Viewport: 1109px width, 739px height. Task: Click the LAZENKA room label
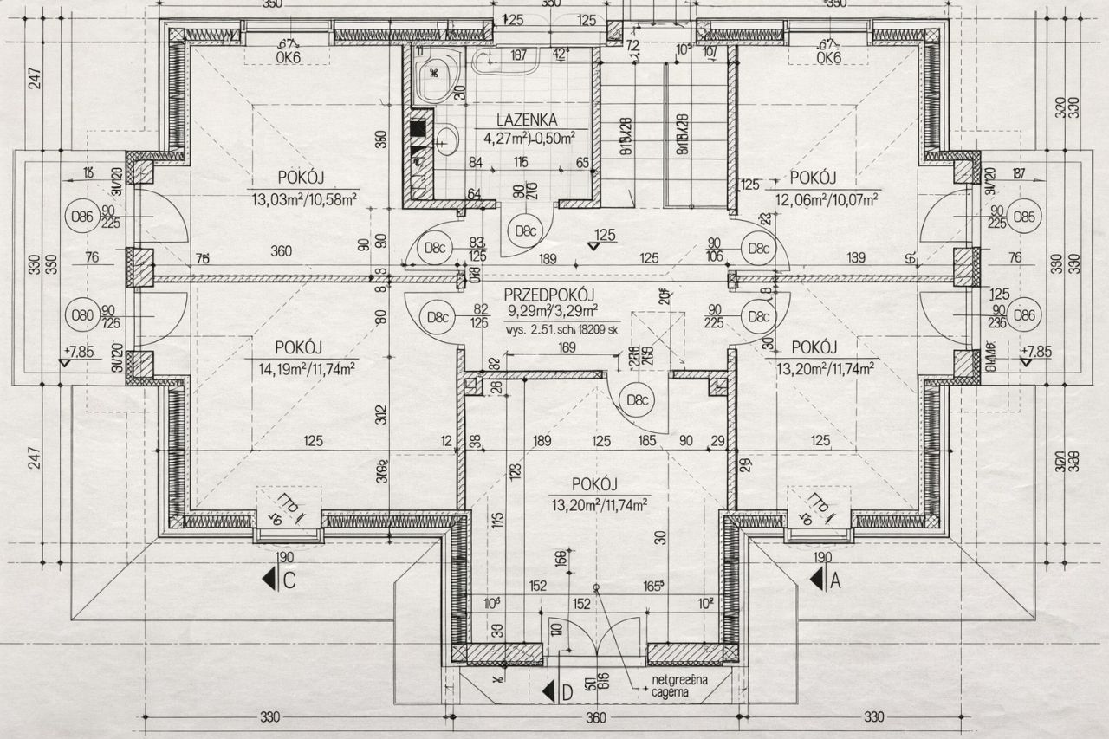[x=527, y=120]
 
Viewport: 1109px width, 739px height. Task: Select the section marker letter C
[x=289, y=581]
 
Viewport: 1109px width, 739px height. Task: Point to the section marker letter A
[x=836, y=581]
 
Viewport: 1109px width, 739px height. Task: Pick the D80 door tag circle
[x=81, y=315]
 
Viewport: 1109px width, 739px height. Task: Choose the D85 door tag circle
[x=1026, y=216]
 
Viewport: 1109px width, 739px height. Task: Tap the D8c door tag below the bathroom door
[x=524, y=230]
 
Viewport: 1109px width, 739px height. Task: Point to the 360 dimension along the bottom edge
[x=595, y=717]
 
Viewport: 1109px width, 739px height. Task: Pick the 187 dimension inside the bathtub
[x=519, y=55]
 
